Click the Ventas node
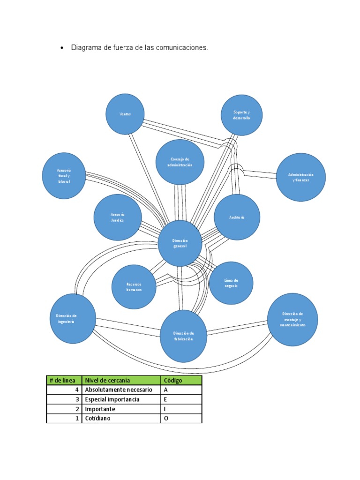[x=125, y=114]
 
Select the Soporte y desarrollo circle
[x=241, y=115]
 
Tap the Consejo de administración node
[x=180, y=162]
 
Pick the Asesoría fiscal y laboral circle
[x=64, y=176]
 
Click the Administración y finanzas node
[x=300, y=177]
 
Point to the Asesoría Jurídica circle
[x=118, y=217]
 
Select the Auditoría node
[x=237, y=217]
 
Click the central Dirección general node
[x=180, y=243]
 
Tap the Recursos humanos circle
[x=134, y=287]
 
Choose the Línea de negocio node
[x=231, y=283]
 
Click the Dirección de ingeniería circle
[x=73, y=319]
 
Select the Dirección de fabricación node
[x=183, y=336]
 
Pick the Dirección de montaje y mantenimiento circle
[x=292, y=320]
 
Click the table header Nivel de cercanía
[x=107, y=380]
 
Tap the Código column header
[x=173, y=380]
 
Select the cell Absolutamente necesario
[x=119, y=390]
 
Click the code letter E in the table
[x=165, y=399]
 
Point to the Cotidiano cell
[x=98, y=418]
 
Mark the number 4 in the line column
[x=76, y=390]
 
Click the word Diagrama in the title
[x=86, y=48]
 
